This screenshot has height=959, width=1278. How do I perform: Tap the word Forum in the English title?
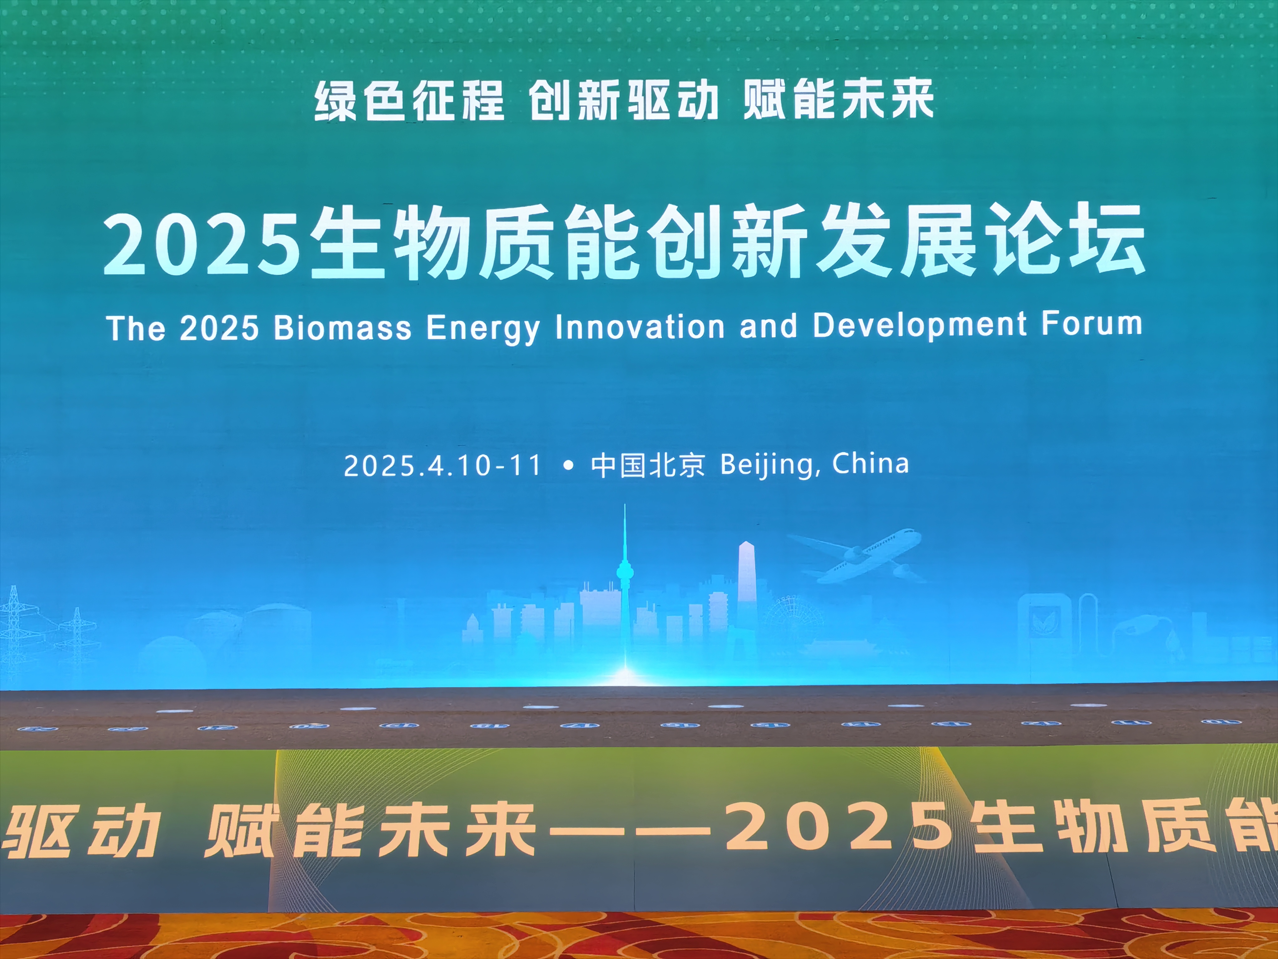click(x=1091, y=324)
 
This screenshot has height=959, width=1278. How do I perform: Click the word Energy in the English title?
click(x=483, y=328)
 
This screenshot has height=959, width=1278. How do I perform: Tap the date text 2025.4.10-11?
click(x=442, y=465)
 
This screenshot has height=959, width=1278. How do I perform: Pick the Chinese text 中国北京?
click(x=648, y=465)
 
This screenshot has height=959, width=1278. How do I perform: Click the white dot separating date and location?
click(x=568, y=465)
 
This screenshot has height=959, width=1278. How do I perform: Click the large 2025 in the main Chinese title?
click(x=202, y=243)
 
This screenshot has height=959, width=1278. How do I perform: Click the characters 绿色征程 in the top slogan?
click(x=409, y=101)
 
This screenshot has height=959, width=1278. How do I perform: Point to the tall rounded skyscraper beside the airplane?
click(x=746, y=578)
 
